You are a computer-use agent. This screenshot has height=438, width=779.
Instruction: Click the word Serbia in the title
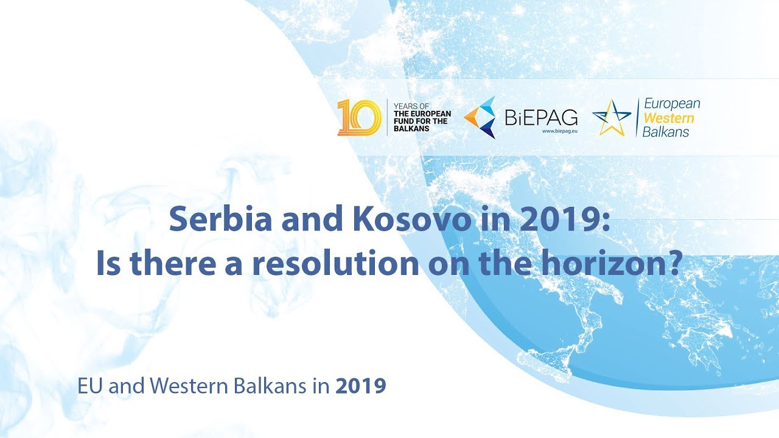(x=220, y=219)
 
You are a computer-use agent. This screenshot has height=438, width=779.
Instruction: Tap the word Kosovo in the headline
(x=413, y=219)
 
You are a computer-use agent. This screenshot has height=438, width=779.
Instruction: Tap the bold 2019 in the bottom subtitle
(x=361, y=386)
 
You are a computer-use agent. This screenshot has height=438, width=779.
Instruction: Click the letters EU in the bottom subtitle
(x=90, y=386)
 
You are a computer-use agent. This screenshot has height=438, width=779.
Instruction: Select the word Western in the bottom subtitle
(x=189, y=386)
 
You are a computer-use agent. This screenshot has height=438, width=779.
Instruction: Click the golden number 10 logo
(x=359, y=117)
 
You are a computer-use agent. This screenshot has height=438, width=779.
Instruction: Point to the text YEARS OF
(x=411, y=106)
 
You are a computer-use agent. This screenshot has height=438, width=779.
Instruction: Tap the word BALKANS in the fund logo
(x=411, y=128)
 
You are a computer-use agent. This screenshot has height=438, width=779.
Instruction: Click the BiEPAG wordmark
(x=541, y=117)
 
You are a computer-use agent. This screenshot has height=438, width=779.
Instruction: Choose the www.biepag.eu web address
(x=559, y=131)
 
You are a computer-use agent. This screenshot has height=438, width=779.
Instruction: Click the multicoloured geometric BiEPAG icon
(x=480, y=117)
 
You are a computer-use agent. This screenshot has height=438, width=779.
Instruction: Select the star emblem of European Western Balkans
(x=612, y=117)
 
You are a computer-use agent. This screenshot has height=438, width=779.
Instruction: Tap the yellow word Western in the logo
(x=668, y=118)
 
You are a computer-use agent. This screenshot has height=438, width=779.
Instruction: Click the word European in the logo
(x=672, y=104)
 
